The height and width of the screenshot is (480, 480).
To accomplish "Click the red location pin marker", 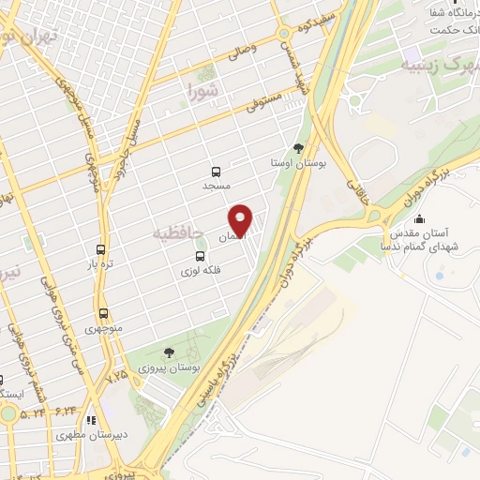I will (243, 219).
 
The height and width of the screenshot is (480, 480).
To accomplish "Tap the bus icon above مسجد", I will (217, 172).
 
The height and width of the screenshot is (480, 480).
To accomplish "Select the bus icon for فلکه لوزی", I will (199, 256).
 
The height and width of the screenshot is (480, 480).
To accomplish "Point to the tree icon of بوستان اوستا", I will (299, 147).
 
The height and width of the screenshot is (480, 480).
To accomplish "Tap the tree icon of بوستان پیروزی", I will (168, 352).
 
